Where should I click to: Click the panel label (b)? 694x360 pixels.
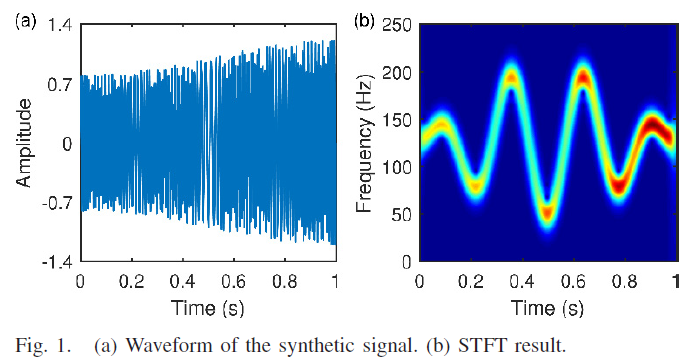[x=365, y=18]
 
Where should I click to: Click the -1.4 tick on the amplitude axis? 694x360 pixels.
[x=55, y=262]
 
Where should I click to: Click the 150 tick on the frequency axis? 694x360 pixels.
[x=399, y=120]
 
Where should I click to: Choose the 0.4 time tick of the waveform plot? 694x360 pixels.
[x=182, y=281]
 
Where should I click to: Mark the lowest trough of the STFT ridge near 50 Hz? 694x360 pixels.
[x=546, y=212]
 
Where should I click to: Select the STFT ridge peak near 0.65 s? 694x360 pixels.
[x=582, y=76]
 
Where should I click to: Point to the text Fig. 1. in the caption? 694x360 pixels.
[x=45, y=346]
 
